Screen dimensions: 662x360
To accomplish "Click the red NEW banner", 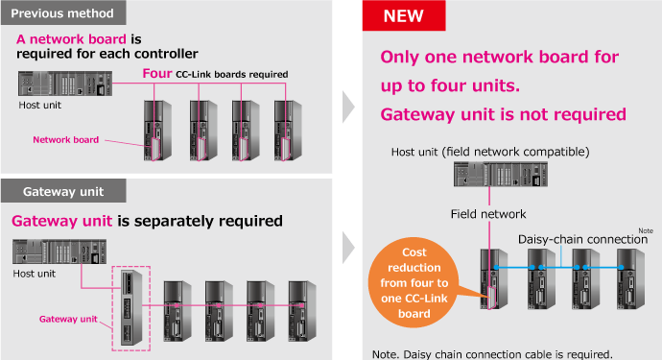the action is [x=404, y=15].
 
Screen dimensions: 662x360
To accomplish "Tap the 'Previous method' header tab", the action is [x=63, y=12].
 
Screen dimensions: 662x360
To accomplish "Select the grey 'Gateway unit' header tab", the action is [x=63, y=191].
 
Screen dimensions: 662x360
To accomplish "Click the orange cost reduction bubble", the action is [x=414, y=282].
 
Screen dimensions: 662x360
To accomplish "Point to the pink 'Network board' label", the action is [x=66, y=140].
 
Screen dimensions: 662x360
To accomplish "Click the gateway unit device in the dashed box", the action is [x=131, y=307].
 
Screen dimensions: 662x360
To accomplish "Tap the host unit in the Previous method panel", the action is [x=65, y=84].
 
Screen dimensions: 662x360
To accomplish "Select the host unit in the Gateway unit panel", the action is [x=59, y=252].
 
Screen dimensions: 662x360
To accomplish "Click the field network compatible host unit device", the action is [x=501, y=174].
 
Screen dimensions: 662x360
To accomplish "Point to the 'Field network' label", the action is [x=488, y=214].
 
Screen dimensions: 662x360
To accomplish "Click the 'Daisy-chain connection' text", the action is [x=582, y=239].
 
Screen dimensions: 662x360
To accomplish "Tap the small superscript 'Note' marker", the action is [x=646, y=230].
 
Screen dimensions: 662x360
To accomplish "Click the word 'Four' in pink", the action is [x=157, y=74].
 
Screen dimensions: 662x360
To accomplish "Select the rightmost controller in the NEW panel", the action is [x=630, y=279].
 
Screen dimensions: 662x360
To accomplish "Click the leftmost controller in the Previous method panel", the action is [x=157, y=131].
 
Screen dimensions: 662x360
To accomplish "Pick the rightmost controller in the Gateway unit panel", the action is [x=302, y=311].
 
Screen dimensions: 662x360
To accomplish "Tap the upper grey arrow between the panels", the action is [x=348, y=107].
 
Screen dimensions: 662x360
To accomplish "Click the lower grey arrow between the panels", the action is [x=348, y=247].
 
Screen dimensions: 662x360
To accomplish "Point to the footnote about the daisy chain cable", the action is [x=492, y=354].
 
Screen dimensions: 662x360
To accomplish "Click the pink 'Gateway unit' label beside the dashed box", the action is [x=68, y=319].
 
